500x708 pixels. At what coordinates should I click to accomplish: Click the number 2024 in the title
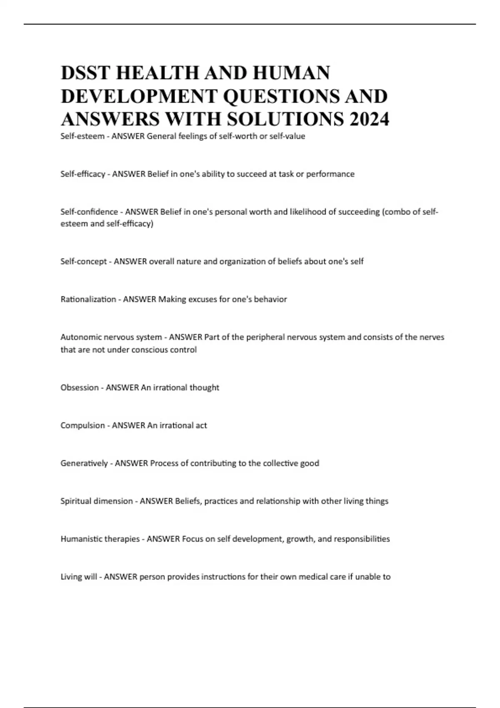click(x=370, y=120)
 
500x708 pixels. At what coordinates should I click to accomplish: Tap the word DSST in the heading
click(x=85, y=73)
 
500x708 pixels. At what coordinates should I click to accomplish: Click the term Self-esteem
click(x=82, y=136)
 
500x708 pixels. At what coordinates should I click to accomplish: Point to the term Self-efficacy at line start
click(x=82, y=174)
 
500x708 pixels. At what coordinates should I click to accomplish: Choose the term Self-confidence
click(x=89, y=212)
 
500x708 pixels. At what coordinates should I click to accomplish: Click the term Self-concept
click(x=83, y=262)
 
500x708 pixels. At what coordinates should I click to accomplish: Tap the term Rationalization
click(x=88, y=299)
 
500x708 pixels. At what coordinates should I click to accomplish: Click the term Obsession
click(x=80, y=388)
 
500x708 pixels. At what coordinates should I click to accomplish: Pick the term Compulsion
click(x=82, y=426)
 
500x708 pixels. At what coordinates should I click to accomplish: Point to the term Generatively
click(x=84, y=464)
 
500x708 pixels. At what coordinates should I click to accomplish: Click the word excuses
click(x=202, y=299)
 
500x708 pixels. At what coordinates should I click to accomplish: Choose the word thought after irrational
click(x=204, y=388)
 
